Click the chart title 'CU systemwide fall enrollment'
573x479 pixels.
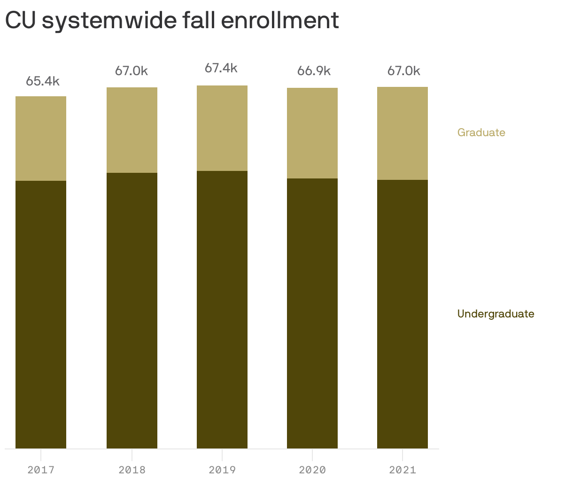tap(172, 21)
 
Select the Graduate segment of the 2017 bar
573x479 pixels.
tap(41, 139)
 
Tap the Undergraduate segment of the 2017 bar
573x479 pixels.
tap(41, 315)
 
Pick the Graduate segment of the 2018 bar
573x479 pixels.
tap(132, 130)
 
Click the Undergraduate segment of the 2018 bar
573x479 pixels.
tap(132, 310)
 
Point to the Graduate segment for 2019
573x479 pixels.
tap(222, 128)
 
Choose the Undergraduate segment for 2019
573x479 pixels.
tap(222, 309)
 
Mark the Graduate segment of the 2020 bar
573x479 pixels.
tap(312, 133)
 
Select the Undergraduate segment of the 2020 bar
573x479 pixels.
tap(312, 313)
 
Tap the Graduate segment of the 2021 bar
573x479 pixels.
tap(403, 133)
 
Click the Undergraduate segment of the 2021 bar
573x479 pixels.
tap(403, 314)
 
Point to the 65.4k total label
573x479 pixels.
tap(43, 81)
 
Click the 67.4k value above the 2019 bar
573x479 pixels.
tap(221, 69)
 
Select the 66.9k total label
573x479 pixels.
tap(314, 71)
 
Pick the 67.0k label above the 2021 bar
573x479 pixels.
tap(404, 71)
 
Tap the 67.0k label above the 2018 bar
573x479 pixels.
tap(132, 71)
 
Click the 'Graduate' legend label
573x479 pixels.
tap(481, 132)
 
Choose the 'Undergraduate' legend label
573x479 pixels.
tap(496, 314)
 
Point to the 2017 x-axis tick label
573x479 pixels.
tap(41, 470)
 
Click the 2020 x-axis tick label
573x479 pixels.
tap(312, 470)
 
